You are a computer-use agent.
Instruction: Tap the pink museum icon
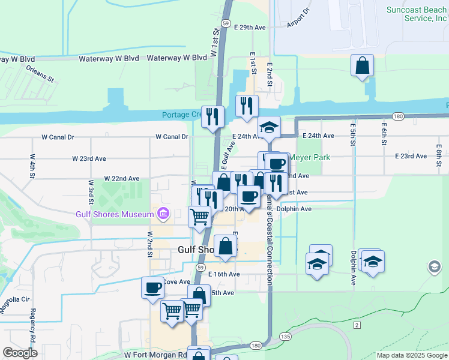tap(162, 213)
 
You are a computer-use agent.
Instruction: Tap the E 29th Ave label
tap(250, 28)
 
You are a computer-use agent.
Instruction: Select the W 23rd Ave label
tap(89, 159)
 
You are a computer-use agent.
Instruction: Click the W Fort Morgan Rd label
tap(155, 355)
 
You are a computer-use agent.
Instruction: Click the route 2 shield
tap(357, 325)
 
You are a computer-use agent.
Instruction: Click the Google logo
tap(20, 353)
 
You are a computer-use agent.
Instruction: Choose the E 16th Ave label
tap(224, 274)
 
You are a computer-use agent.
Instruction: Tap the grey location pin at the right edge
tap(433, 266)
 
